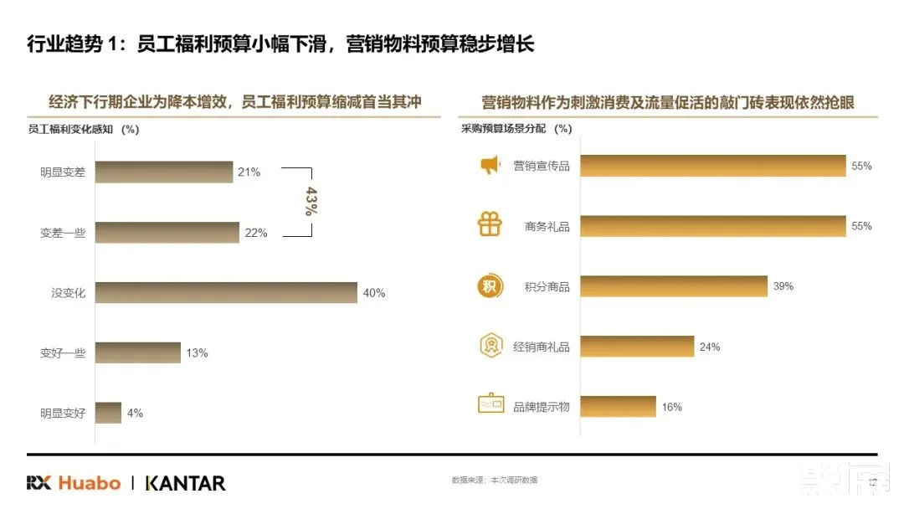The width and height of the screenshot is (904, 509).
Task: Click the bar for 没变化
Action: [226, 292]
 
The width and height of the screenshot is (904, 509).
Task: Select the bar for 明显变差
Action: [163, 172]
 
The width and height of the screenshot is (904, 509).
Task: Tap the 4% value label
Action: [135, 413]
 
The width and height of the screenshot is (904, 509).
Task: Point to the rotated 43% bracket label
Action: [311, 202]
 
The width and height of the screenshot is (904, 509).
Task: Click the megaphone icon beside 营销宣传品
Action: [490, 166]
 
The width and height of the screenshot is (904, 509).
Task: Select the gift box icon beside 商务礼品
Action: [490, 225]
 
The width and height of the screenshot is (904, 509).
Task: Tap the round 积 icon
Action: [490, 286]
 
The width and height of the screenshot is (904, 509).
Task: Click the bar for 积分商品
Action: [673, 286]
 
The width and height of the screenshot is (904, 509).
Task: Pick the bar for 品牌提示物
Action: [618, 407]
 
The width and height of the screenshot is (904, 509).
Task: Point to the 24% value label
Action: [710, 347]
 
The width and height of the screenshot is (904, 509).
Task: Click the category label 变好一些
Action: [63, 353]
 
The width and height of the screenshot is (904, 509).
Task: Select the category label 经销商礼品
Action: [541, 347]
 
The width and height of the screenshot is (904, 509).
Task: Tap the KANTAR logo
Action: [185, 483]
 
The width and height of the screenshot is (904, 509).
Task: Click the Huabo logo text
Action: [89, 483]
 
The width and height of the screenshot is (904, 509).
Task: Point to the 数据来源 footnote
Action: [494, 481]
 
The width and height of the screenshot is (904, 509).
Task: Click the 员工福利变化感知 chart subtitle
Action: [84, 129]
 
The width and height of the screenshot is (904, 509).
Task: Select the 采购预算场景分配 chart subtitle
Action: [516, 129]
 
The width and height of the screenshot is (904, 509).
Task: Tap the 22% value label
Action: [256, 233]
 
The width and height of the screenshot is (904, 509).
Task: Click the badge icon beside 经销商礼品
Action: [490, 346]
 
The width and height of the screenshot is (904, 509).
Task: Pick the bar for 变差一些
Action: [167, 233]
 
